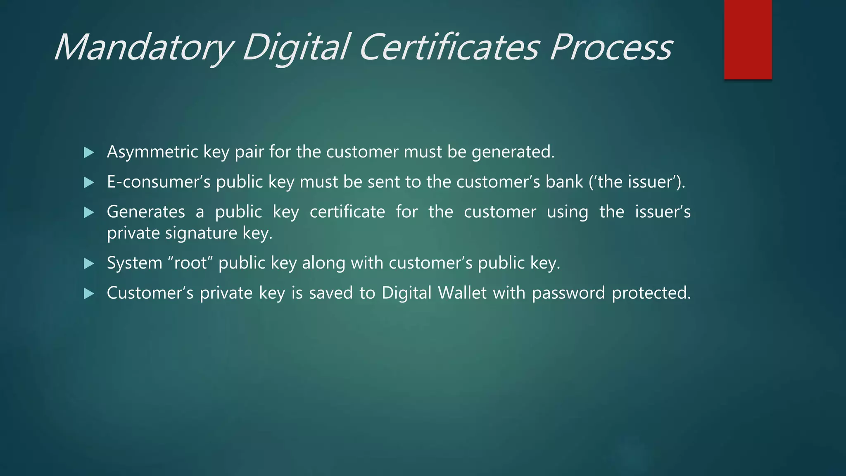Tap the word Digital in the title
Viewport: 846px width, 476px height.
tap(296, 48)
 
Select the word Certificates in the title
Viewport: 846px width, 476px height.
tap(449, 48)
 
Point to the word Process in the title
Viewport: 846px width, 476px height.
tap(611, 48)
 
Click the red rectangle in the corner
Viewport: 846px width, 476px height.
tap(748, 40)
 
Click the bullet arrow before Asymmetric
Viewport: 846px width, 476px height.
tap(89, 153)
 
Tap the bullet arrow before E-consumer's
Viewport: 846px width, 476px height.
tap(89, 183)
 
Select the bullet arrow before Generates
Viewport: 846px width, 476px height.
tap(89, 213)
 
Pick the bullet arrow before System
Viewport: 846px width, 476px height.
tap(89, 264)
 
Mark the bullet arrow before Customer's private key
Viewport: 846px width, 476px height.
tap(89, 294)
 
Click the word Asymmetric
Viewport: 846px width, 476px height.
tap(152, 152)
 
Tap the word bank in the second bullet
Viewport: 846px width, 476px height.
tap(564, 182)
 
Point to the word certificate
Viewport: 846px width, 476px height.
tap(347, 212)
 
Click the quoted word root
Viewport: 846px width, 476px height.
tap(190, 263)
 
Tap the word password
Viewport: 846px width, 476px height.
tap(568, 293)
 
